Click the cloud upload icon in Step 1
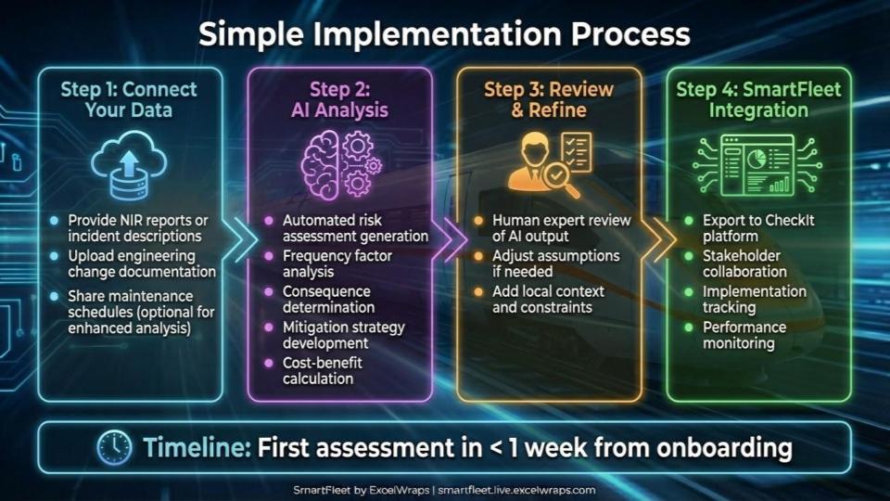pyautogui.click(x=129, y=165)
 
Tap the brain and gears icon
pyautogui.click(x=341, y=165)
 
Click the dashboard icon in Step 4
pyautogui.click(x=757, y=165)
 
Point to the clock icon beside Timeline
pyautogui.click(x=114, y=447)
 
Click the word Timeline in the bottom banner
pyautogui.click(x=197, y=447)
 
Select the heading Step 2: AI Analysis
pyautogui.click(x=339, y=99)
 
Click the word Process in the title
pyautogui.click(x=630, y=34)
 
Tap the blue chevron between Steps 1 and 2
pyautogui.click(x=238, y=239)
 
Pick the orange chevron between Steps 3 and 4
pyautogui.click(x=660, y=239)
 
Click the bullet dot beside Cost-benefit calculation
pyautogui.click(x=269, y=363)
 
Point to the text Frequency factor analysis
pyautogui.click(x=337, y=263)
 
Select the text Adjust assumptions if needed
pyautogui.click(x=555, y=263)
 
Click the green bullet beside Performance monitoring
pyautogui.click(x=689, y=328)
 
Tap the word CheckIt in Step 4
pyautogui.click(x=790, y=220)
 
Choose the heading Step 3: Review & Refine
pyautogui.click(x=548, y=99)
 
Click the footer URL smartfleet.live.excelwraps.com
pyautogui.click(x=516, y=490)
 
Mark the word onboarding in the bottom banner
pyautogui.click(x=725, y=447)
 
